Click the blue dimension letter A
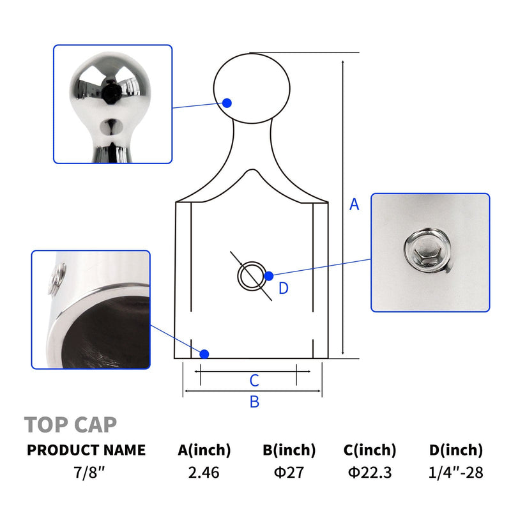coord(354,204)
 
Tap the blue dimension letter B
coord(254,402)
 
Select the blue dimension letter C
coord(254,380)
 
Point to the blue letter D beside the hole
coord(284,288)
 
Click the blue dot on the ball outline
coord(227,103)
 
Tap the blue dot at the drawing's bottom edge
coord(204,354)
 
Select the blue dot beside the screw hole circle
coord(269,276)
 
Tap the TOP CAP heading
coord(70,425)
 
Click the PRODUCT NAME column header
coord(86,450)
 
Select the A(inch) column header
coord(204,450)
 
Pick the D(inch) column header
coord(455,450)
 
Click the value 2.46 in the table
coord(204,472)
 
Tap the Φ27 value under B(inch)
coord(289,472)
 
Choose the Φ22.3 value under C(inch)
coord(370,472)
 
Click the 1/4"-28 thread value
coord(455,472)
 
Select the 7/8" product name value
coord(89,472)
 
